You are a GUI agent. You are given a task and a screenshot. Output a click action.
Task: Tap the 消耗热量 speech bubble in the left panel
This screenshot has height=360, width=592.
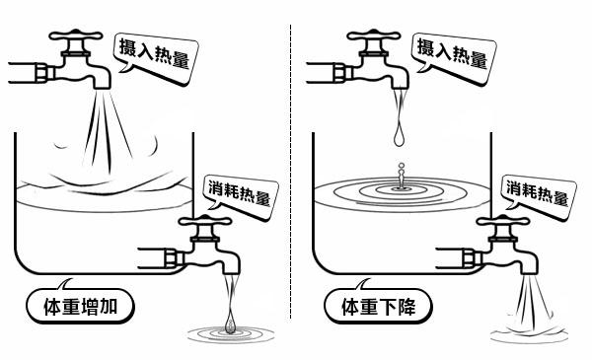click(238, 192)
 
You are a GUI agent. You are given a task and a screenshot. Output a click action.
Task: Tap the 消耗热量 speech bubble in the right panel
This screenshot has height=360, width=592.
click(536, 192)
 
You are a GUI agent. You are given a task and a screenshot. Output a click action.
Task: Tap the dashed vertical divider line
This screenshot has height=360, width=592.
click(292, 178)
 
